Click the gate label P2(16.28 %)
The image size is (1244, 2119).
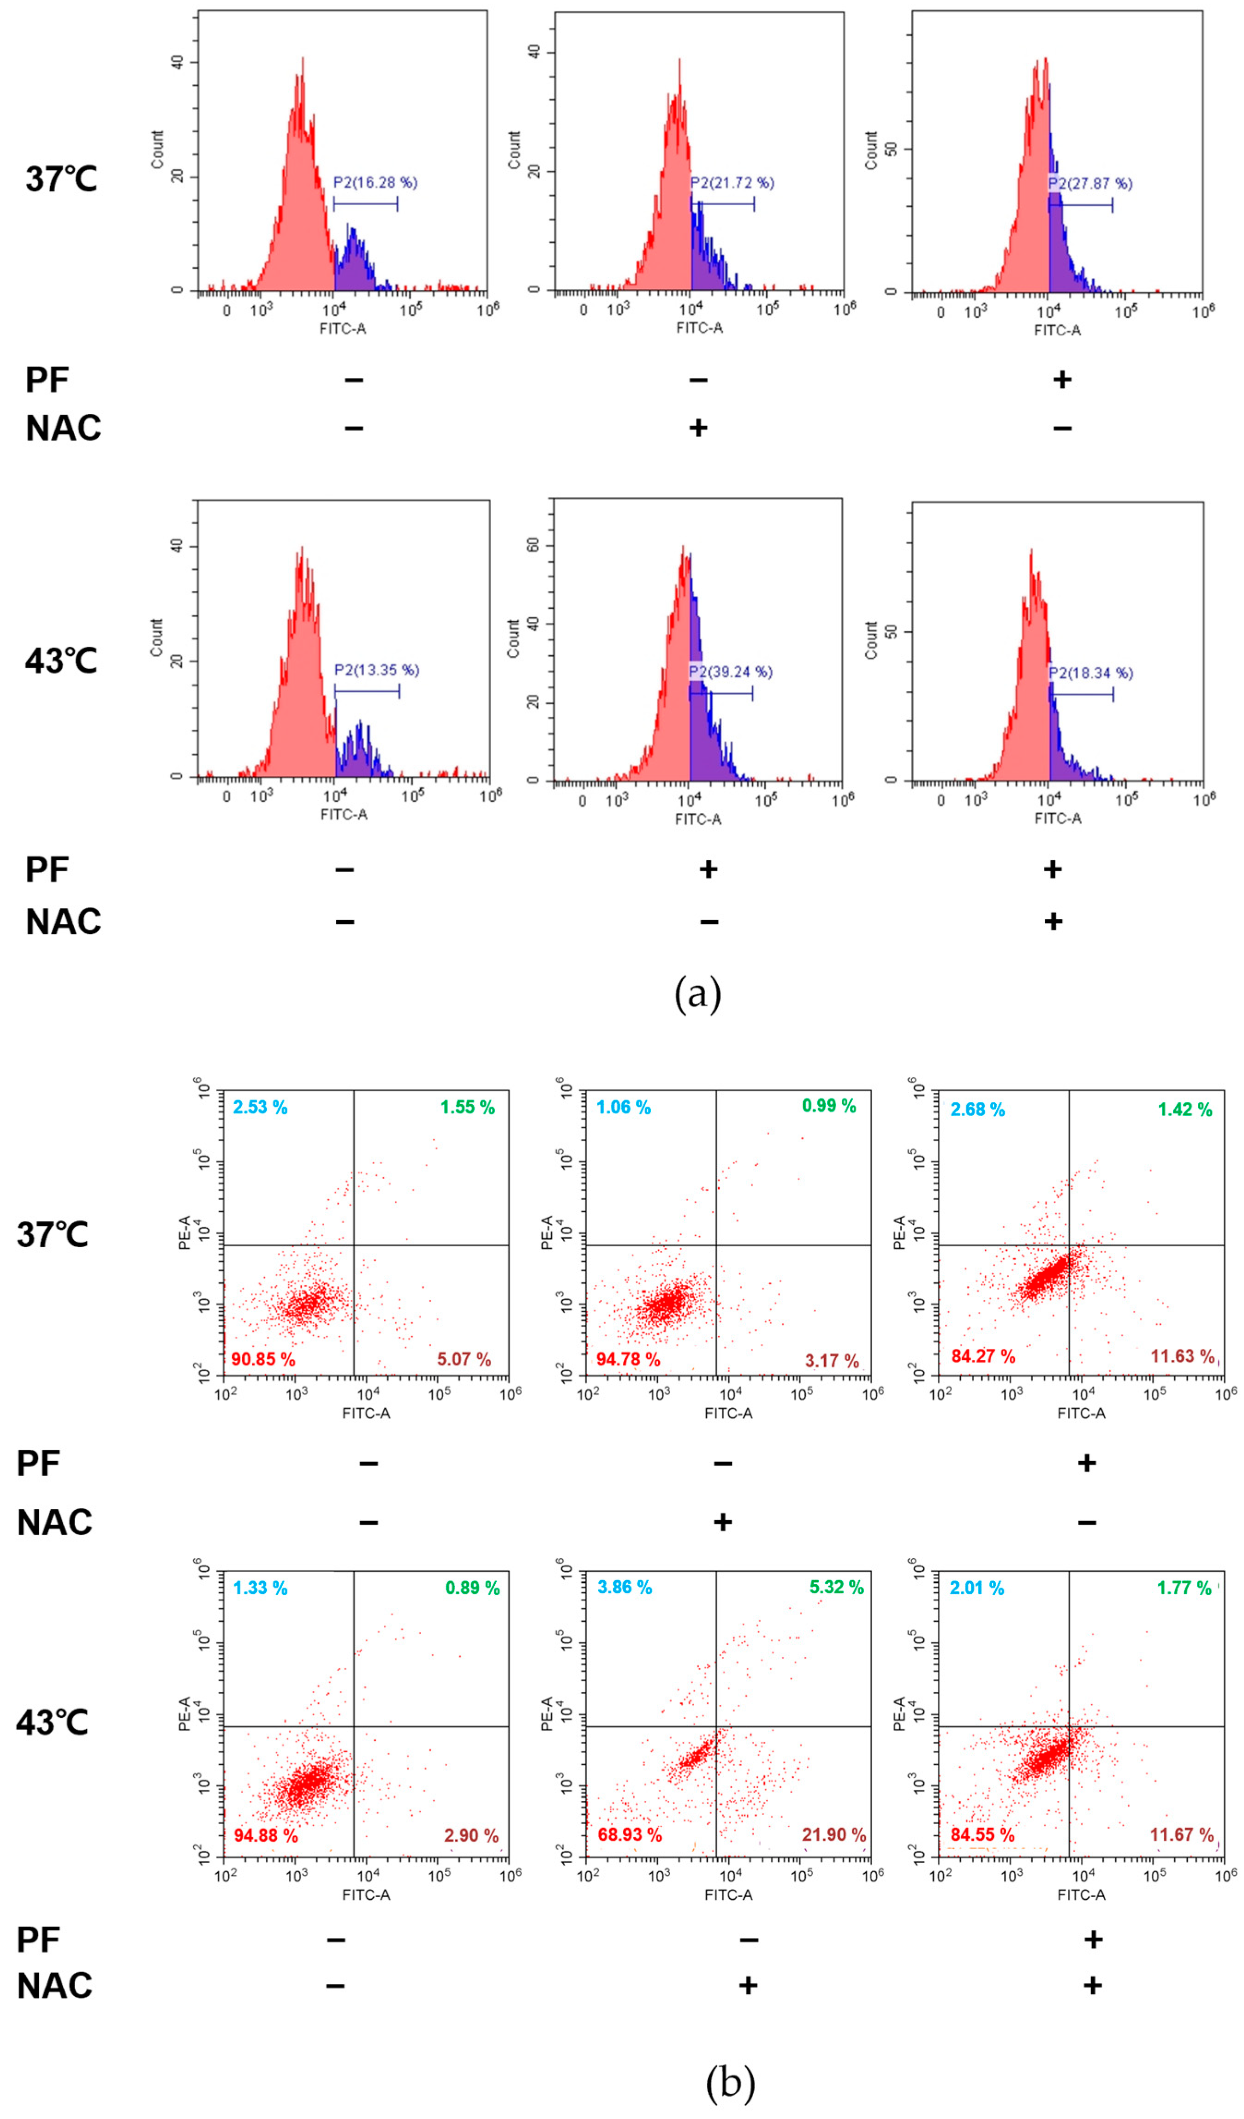pos(375,183)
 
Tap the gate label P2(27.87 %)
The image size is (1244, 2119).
pos(1090,183)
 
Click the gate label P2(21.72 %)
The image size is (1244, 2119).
pos(732,183)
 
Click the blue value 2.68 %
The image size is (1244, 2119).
pos(977,1110)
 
